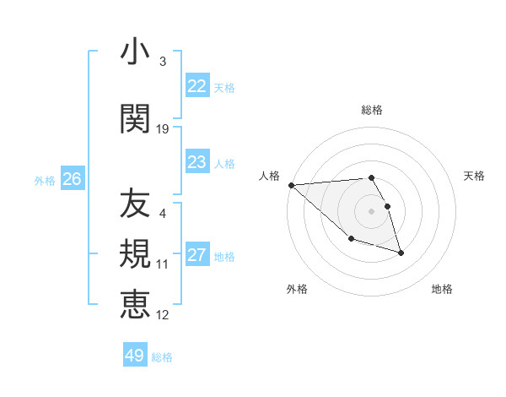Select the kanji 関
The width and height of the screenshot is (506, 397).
135,118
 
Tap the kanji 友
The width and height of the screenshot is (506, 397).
135,204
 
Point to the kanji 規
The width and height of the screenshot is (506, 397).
135,254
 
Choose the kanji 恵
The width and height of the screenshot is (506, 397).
135,304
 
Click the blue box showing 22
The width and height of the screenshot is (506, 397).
197,86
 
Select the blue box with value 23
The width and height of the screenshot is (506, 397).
197,162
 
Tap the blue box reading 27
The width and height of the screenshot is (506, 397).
197,255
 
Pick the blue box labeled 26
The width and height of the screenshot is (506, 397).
73,179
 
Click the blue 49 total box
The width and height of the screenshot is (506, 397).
135,356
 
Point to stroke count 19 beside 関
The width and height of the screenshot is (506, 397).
163,129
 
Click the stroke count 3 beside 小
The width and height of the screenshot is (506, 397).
162,62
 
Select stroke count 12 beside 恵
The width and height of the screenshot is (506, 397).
163,315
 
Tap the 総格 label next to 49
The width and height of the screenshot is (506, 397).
162,357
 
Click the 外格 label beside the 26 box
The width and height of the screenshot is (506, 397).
45,180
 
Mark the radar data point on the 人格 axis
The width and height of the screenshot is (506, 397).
291,184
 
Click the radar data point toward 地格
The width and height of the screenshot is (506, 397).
401,253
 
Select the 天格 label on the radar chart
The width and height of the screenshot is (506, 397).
475,176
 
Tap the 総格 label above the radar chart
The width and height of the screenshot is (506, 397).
372,110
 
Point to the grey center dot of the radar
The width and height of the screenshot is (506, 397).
372,210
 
